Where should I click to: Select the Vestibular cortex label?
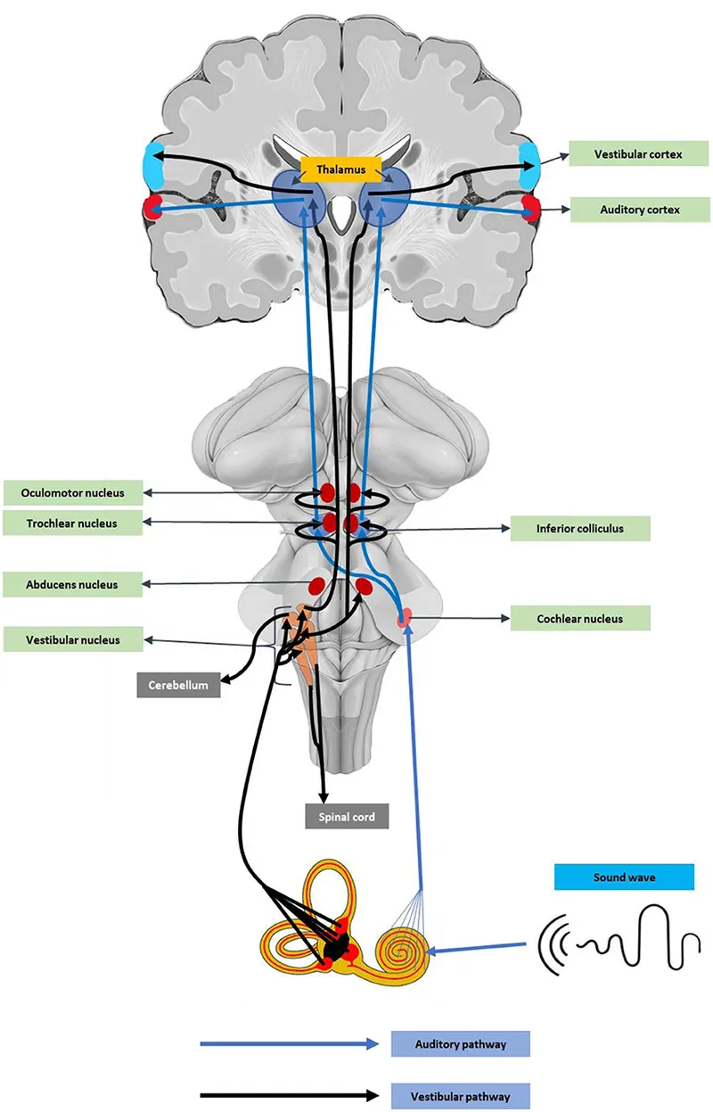(639, 154)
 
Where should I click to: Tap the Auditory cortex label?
(639, 210)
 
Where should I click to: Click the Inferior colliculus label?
(580, 528)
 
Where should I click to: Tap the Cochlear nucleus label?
(580, 618)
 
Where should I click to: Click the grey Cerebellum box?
(178, 685)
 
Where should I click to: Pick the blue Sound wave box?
(624, 877)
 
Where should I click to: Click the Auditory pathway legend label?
(460, 1043)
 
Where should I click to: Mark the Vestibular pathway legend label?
(460, 1095)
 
